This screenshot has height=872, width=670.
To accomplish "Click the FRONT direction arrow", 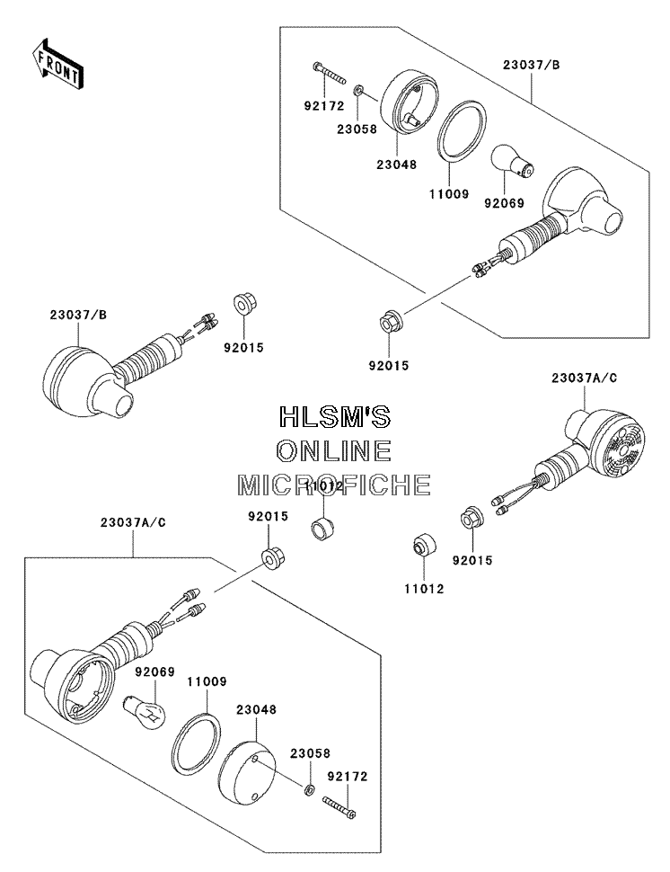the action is (x=57, y=63).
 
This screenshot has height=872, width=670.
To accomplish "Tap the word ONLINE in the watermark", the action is (x=334, y=451).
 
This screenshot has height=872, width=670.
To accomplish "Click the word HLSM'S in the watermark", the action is (x=335, y=416).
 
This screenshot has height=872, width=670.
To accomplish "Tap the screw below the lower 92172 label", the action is (x=339, y=807).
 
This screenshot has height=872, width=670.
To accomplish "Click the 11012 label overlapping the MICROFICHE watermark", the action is (x=325, y=485).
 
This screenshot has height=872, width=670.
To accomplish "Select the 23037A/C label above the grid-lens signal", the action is (x=584, y=378).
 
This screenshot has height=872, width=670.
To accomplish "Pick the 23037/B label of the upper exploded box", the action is (x=531, y=65).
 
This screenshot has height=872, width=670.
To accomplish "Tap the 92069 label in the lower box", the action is (x=155, y=672).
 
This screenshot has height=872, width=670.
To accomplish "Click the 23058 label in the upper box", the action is (x=357, y=129).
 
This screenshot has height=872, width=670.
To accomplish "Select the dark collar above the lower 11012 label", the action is (x=424, y=545).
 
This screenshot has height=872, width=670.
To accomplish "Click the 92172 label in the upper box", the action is (x=324, y=105).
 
